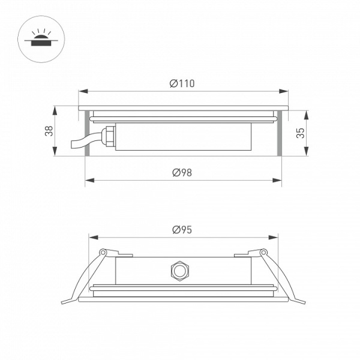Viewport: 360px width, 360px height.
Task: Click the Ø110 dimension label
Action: pos(182,84)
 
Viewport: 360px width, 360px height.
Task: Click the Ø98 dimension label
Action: pos(182,172)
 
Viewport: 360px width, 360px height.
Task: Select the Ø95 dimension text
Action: pos(182,229)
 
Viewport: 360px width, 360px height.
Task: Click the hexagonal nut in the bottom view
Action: pos(178,271)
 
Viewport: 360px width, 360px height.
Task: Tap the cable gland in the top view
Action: pos(108,134)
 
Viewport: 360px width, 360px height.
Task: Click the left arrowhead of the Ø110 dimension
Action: pos(83,92)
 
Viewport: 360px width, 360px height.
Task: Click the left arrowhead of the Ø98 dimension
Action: pos(89,180)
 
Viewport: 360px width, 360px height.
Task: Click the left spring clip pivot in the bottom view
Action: pos(103,252)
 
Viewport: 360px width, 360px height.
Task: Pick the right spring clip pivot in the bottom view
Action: pos(262,252)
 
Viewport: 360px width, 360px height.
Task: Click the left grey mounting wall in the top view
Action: pos(87,134)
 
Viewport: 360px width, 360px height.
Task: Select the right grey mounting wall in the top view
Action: pos(279,134)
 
